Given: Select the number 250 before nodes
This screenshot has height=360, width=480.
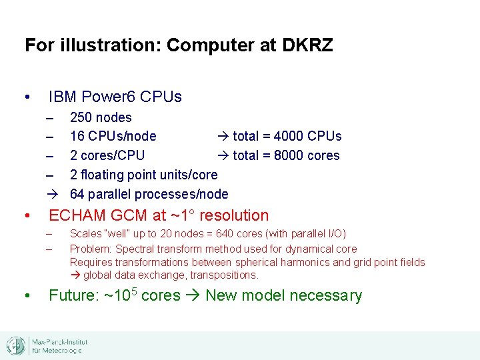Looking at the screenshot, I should [x=81, y=118].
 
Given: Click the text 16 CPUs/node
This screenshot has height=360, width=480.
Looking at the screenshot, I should [x=113, y=137].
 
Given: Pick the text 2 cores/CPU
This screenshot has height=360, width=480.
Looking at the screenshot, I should [x=107, y=155].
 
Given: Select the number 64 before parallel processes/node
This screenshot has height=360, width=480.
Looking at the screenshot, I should [x=77, y=195].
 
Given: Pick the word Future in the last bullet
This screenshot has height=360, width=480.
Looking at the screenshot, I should [x=73, y=295].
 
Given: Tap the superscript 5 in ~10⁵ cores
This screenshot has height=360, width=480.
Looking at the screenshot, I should [x=133, y=291].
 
